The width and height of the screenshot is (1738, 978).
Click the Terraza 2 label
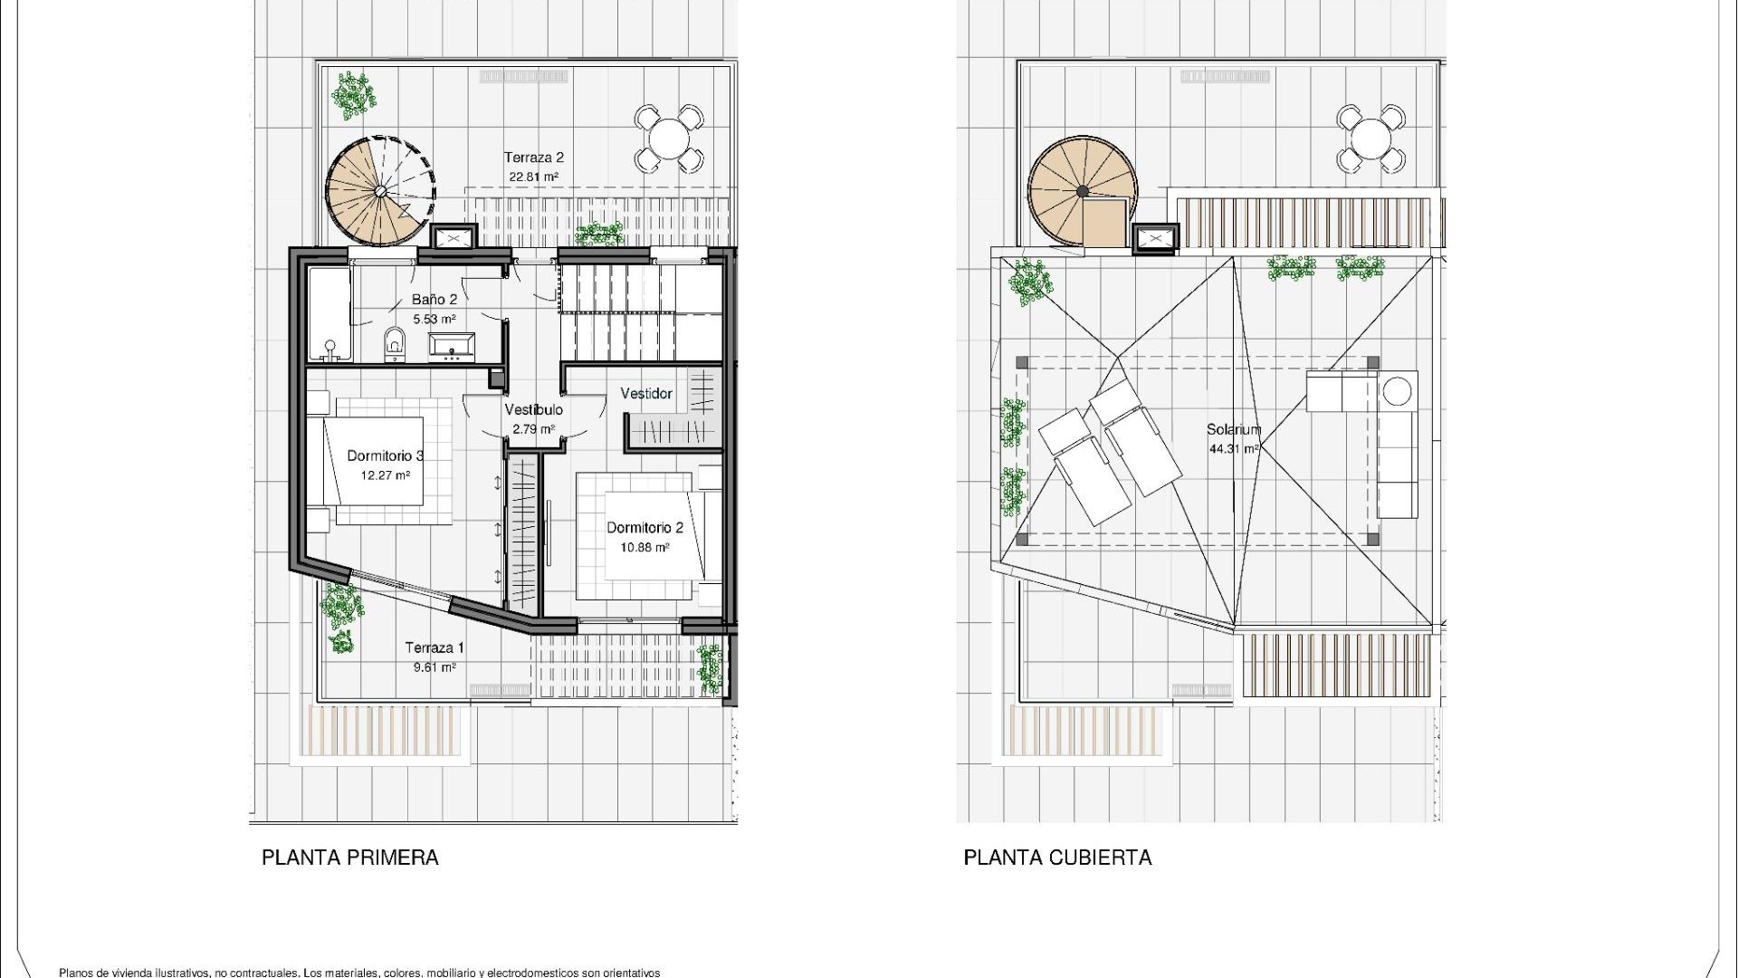click(533, 158)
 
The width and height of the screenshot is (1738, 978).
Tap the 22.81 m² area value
click(533, 177)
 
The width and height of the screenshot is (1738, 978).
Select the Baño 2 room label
click(434, 299)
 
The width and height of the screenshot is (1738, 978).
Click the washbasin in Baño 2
click(451, 346)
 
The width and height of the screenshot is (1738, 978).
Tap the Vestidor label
click(646, 394)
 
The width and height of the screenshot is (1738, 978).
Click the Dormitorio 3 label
click(386, 455)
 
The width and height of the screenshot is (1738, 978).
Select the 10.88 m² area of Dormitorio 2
click(645, 547)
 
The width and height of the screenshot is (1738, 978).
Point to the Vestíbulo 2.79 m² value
click(533, 429)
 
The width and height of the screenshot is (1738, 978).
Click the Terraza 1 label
click(434, 647)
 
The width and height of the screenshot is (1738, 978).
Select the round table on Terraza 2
click(669, 139)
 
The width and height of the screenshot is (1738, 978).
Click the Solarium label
click(1233, 430)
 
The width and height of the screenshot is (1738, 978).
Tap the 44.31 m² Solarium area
click(1233, 448)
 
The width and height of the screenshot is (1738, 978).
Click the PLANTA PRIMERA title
click(349, 858)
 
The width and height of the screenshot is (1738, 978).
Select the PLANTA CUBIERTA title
click(1057, 858)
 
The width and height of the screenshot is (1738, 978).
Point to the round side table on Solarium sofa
click(1397, 391)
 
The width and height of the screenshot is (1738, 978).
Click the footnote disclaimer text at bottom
click(359, 973)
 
